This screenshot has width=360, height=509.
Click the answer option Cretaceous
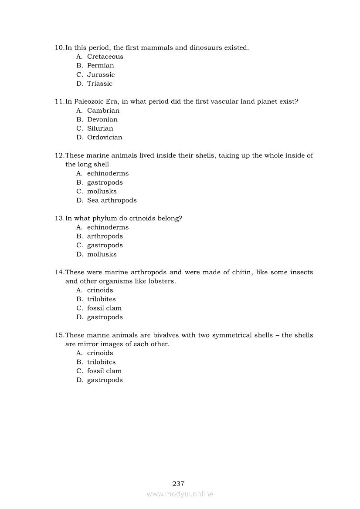105,57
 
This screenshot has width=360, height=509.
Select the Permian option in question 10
100,66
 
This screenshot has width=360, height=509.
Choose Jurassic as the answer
101,75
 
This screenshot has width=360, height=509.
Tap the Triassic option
99,84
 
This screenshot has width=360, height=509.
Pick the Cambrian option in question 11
103,111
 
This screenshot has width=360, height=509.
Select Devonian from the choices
102,120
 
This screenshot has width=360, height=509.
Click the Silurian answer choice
100,128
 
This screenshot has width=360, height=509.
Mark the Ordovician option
105,138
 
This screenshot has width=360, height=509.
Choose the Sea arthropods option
112,200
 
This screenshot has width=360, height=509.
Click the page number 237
179,484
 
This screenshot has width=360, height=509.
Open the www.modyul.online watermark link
180,494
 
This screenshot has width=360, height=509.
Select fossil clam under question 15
104,371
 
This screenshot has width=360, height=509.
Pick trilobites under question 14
101,299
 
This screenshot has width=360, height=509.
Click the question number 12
59,155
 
